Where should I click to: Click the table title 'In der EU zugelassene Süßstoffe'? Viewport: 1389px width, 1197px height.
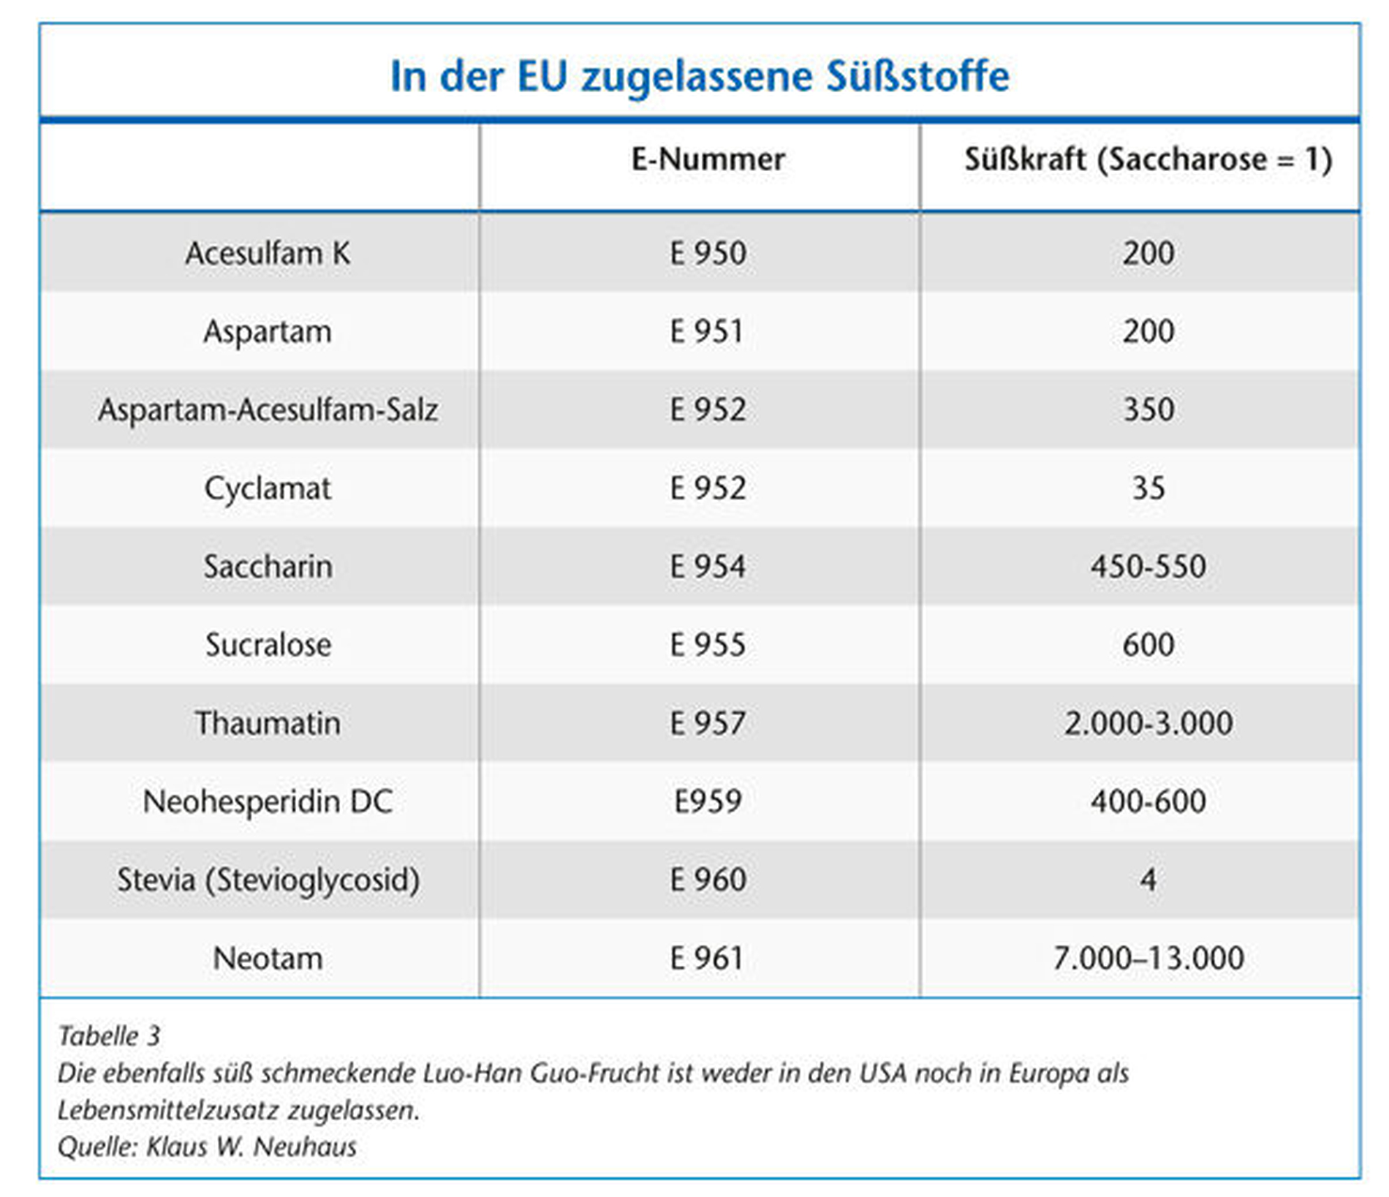(700, 76)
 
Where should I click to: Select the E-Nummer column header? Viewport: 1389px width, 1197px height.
(708, 159)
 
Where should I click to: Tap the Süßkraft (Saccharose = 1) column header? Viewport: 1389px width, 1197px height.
(1148, 159)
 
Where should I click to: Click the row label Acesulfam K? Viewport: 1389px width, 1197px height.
(268, 254)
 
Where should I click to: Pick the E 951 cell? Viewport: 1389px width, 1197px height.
(707, 332)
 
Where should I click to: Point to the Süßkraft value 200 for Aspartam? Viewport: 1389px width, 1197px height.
(1148, 332)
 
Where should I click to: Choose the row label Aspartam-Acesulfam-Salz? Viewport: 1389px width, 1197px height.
(268, 410)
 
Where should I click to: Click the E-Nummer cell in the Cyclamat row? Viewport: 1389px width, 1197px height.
(708, 488)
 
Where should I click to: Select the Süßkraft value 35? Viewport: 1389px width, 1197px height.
(1148, 488)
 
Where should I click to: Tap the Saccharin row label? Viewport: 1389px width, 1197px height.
(268, 567)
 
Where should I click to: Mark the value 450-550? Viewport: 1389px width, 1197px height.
(1148, 567)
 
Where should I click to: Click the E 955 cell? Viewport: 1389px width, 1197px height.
(708, 645)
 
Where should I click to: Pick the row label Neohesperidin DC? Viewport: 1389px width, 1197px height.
(268, 802)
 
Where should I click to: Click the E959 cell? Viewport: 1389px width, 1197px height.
(708, 802)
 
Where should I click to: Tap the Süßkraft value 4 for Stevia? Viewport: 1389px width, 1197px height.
(1148, 880)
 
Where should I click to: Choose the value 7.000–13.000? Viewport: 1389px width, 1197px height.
(1148, 959)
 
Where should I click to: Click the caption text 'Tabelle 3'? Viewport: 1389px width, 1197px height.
(109, 1036)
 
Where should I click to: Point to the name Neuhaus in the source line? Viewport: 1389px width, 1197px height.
(304, 1147)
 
